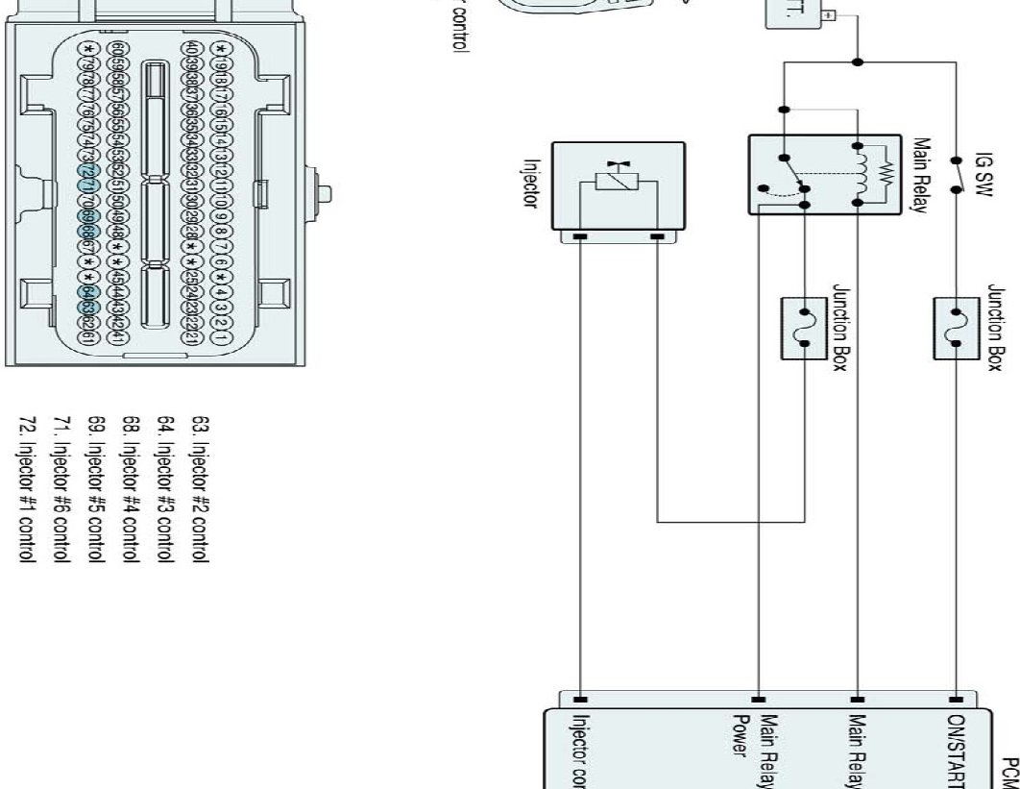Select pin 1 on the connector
pos(221,338)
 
